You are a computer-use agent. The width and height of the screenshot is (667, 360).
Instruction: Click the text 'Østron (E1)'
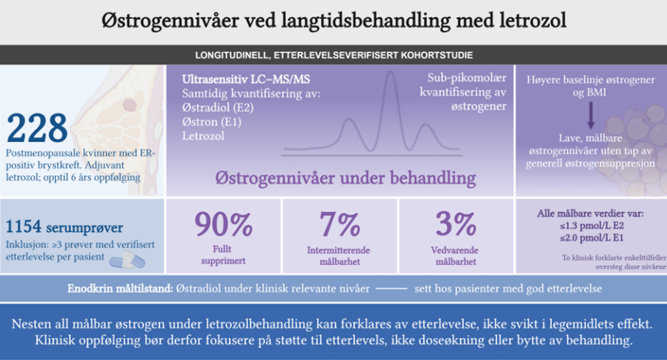click(211, 122)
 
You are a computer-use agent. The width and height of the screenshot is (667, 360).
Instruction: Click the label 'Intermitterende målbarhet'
click(339, 255)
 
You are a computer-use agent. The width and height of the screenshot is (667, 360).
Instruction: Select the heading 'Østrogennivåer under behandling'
click(345, 179)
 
